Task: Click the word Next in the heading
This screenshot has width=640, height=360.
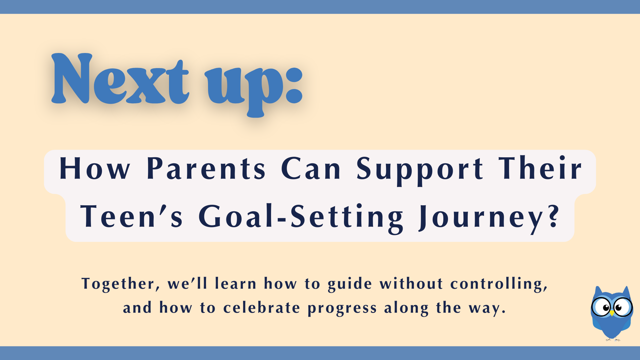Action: (x=120, y=80)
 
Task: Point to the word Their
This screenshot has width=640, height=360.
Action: (x=540, y=168)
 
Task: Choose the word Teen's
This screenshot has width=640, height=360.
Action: (x=131, y=217)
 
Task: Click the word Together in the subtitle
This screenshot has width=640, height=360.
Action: (x=118, y=284)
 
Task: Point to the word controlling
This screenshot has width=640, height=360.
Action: (x=498, y=284)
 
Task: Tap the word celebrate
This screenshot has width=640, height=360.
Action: (x=262, y=308)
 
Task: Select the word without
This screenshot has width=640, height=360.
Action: (x=411, y=284)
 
